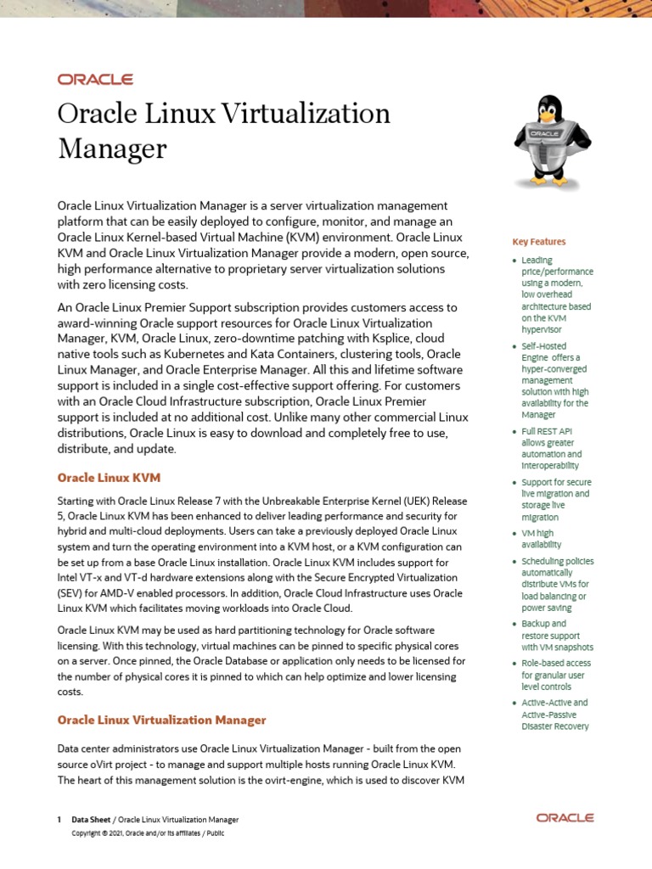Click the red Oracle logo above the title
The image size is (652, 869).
tap(95, 79)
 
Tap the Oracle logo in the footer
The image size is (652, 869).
tap(565, 818)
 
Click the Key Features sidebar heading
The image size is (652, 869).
tap(538, 242)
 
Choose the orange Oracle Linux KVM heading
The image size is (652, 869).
tap(109, 478)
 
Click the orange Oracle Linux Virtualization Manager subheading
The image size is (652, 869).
tap(161, 720)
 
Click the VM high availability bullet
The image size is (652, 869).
tap(544, 539)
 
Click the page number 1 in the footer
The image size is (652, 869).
tap(59, 820)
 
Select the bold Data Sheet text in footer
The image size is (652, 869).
tap(90, 820)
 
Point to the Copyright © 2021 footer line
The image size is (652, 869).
tap(148, 833)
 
